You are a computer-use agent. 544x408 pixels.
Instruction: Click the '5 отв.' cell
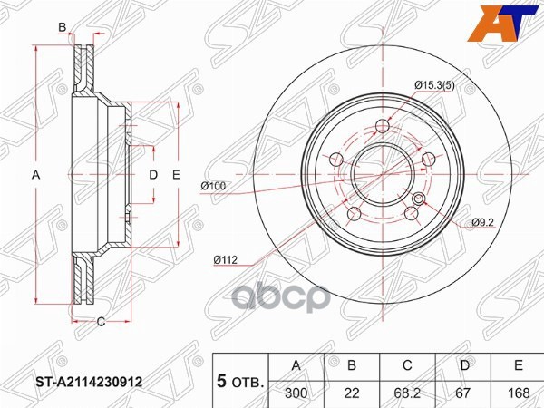click(x=240, y=381)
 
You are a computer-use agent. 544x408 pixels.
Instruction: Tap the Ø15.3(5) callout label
click(x=435, y=86)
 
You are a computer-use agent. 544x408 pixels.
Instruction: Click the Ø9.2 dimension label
click(x=481, y=222)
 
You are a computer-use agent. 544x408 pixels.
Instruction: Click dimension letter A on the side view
click(x=36, y=174)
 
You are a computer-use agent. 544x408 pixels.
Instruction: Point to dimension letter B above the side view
click(x=63, y=30)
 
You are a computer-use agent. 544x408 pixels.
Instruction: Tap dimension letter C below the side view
click(x=101, y=321)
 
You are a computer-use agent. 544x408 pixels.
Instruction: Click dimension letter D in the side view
click(x=153, y=174)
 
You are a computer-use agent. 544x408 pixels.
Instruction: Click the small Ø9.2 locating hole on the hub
click(x=419, y=200)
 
